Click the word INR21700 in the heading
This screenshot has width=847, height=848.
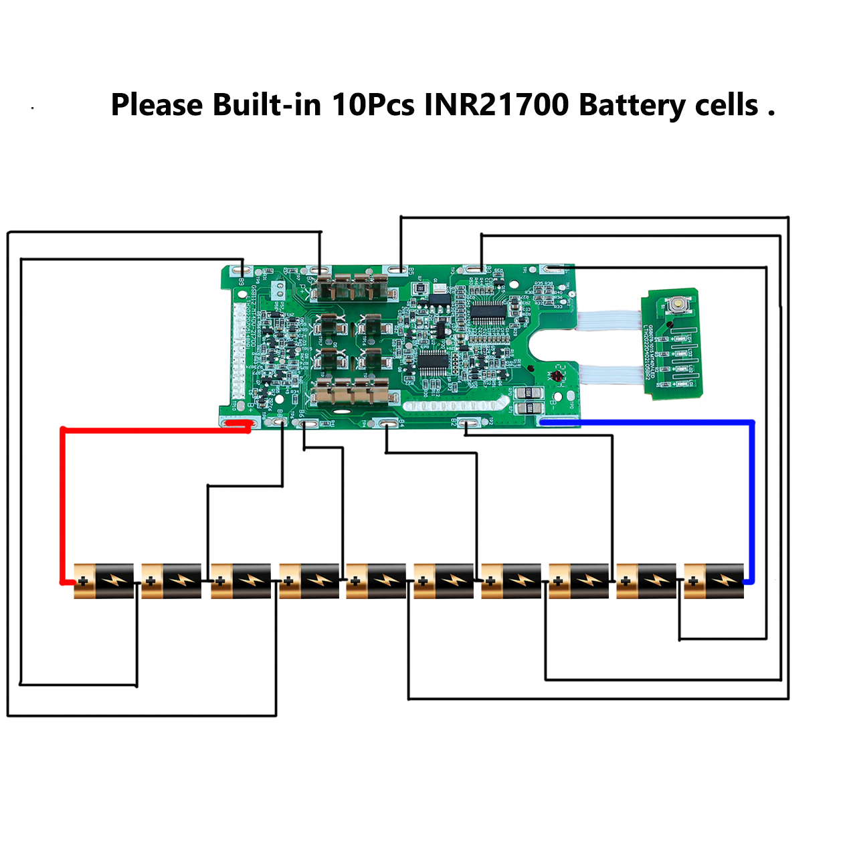point(496,105)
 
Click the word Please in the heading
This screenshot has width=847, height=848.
point(157,106)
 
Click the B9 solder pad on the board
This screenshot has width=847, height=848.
point(241,270)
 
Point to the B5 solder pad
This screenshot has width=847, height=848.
point(399,270)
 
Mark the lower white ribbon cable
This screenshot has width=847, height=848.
point(609,375)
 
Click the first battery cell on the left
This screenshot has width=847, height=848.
point(104,581)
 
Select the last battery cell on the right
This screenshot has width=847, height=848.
point(714,581)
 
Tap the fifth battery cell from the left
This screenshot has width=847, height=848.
point(376,581)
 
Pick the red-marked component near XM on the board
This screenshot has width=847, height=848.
point(557,377)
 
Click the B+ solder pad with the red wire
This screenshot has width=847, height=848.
point(238,423)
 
